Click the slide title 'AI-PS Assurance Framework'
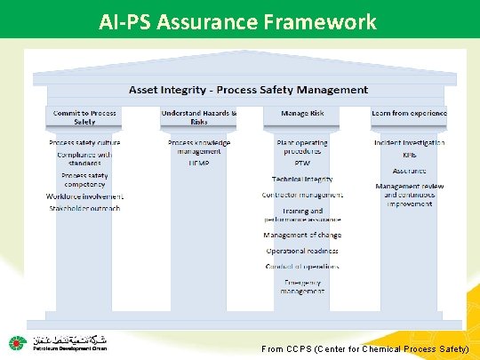click(238, 20)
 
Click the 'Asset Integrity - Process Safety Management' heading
click(249, 90)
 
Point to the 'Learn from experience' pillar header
click(409, 114)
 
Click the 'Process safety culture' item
click(85, 142)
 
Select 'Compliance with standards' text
click(85, 158)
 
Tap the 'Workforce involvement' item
click(85, 196)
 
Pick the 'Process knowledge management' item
click(199, 147)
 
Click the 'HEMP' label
click(198, 164)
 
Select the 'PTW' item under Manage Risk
click(302, 164)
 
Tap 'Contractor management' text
click(302, 195)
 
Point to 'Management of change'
click(302, 236)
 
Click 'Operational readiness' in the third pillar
click(302, 252)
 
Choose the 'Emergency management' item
click(302, 286)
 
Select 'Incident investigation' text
click(409, 142)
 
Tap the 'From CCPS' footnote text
click(365, 350)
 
